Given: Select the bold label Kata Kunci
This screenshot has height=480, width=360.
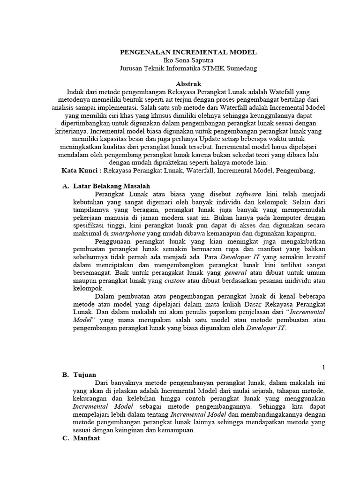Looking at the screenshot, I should [81, 171].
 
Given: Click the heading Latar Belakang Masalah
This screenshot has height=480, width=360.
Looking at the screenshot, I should [109, 186].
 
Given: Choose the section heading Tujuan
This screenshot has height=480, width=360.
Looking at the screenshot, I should [85, 375].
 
